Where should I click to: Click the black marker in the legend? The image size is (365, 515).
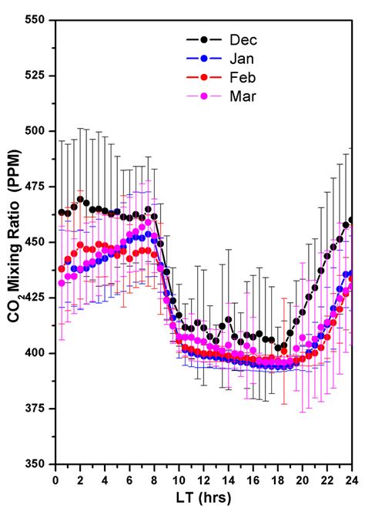pos(203,39)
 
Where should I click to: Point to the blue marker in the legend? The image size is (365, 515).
pos(203,59)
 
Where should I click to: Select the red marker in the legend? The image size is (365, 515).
pos(203,78)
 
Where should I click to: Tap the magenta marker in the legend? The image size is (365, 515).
pos(203,97)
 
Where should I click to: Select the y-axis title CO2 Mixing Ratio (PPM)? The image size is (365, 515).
pos(13,242)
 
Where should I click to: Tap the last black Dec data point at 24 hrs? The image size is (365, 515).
pos(352,220)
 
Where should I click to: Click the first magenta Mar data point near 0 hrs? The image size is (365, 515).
pos(62,283)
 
